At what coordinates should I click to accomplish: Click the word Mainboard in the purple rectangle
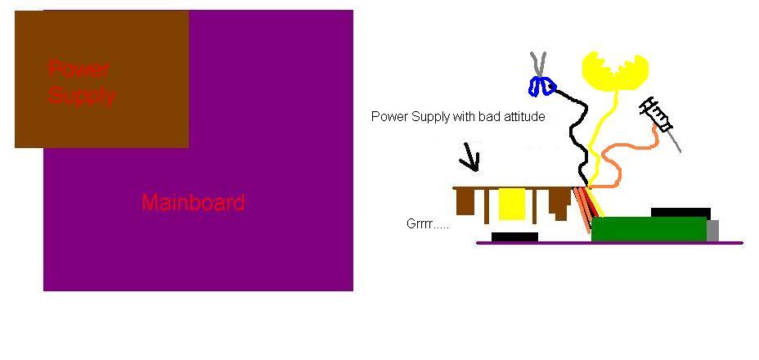[x=193, y=202]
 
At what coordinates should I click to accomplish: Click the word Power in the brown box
[x=79, y=69]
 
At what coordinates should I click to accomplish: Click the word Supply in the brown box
[x=81, y=96]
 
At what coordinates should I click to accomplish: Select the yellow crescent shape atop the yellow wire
[x=614, y=70]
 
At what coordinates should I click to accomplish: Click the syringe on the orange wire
[x=659, y=119]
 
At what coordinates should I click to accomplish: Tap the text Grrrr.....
[x=427, y=223]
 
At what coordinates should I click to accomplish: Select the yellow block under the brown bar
[x=512, y=205]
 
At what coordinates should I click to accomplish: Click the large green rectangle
[x=649, y=229]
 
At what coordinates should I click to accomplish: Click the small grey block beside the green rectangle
[x=712, y=230]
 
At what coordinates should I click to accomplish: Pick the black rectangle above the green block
[x=680, y=213]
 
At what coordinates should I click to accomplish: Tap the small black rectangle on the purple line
[x=514, y=237]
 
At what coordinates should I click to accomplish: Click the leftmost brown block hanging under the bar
[x=468, y=200]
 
